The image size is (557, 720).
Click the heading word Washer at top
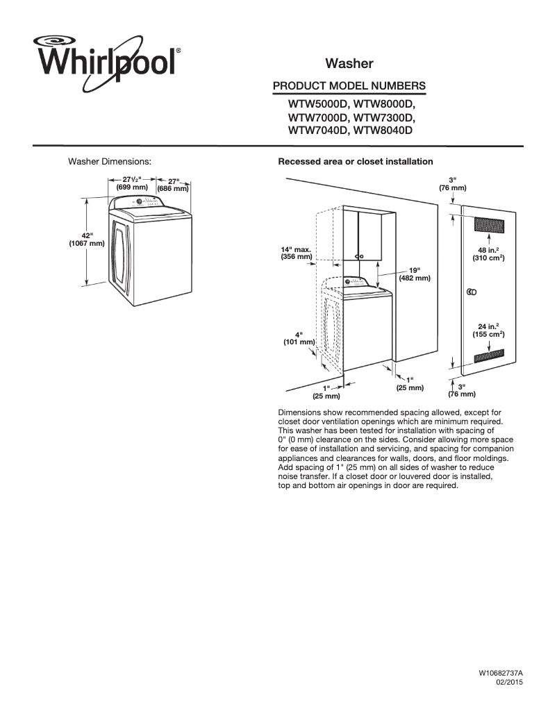click(349, 64)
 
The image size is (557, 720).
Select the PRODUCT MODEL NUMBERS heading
click(349, 85)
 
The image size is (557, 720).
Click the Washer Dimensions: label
click(109, 162)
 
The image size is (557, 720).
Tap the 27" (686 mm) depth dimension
click(173, 185)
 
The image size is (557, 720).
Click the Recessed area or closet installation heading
click(355, 162)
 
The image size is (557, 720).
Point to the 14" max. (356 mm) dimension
click(296, 253)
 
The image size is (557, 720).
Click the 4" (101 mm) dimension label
click(299, 338)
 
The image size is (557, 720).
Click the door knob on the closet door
click(471, 292)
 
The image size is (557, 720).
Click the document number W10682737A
click(500, 673)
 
